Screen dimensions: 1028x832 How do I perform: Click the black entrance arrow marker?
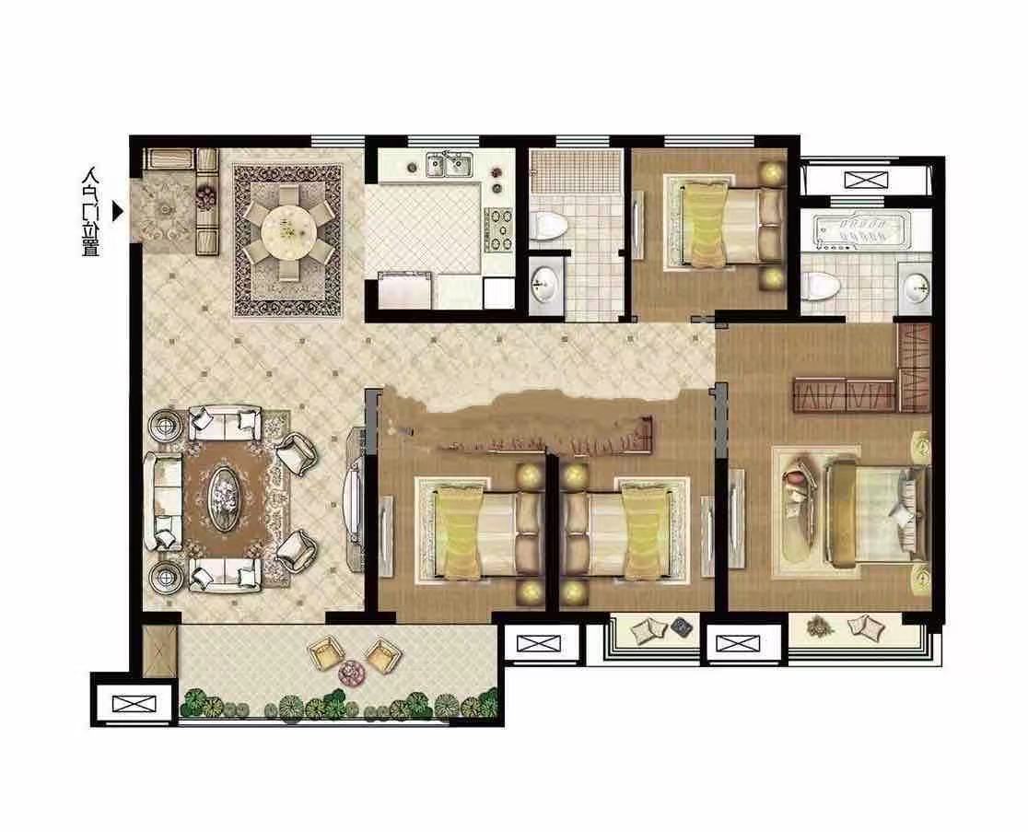[x=117, y=212]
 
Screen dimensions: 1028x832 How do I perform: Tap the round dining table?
[x=286, y=231]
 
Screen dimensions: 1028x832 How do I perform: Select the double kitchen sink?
[x=450, y=164]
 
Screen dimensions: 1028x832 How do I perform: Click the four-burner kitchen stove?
[x=499, y=229]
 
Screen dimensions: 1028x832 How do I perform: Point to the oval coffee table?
[x=224, y=499]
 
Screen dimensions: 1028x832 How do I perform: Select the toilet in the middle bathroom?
[x=549, y=225]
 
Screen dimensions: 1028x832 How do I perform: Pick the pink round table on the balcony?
[x=353, y=673]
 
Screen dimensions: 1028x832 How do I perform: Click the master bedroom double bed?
[x=877, y=511]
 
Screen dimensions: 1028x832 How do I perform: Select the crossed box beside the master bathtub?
[x=865, y=180]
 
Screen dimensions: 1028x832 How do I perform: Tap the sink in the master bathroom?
[x=915, y=286]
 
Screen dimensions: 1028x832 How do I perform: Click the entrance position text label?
[x=90, y=212]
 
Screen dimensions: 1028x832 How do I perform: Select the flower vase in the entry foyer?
[x=206, y=194]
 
